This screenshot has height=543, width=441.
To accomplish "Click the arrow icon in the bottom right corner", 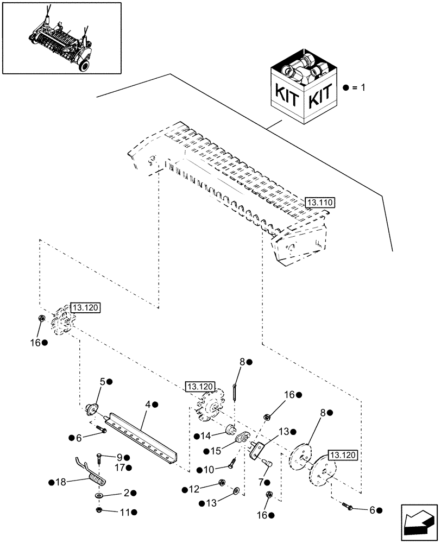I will (x=418, y=519).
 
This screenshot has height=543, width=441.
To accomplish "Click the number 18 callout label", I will (x=61, y=482).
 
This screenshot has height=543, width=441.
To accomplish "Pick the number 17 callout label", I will (x=119, y=467).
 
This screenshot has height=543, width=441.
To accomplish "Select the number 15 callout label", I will (x=212, y=451).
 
